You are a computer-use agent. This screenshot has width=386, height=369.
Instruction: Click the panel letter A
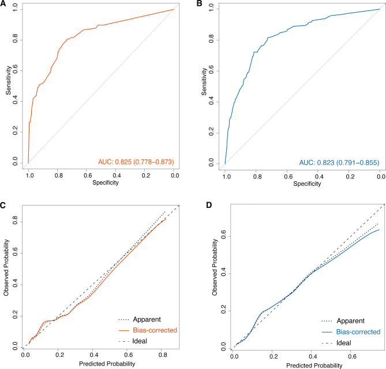[4, 5]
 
